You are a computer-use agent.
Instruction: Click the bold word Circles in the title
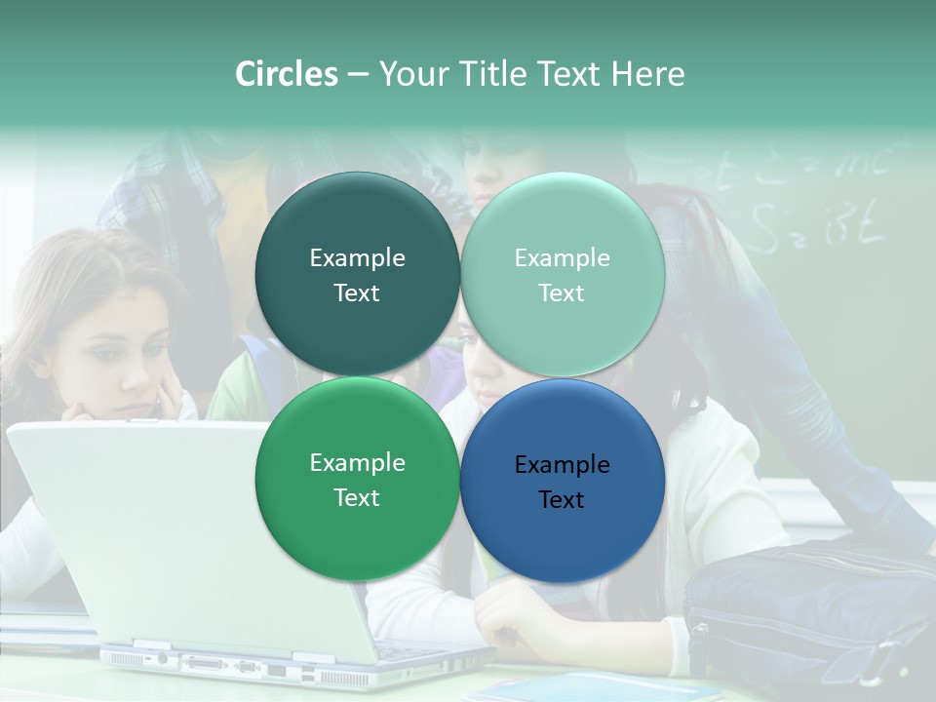[x=286, y=74]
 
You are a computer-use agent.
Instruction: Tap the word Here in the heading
[x=647, y=74]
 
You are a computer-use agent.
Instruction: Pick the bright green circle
[x=357, y=526]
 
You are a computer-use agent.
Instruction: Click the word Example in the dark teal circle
[x=357, y=257]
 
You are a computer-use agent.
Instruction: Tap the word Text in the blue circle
[x=562, y=499]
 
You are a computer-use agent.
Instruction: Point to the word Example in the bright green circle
[x=357, y=462]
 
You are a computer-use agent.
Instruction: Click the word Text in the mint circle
[x=562, y=292]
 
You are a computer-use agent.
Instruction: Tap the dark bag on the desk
[x=809, y=614]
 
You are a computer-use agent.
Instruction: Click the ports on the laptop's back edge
[x=224, y=667]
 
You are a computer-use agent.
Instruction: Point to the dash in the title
[x=357, y=74]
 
